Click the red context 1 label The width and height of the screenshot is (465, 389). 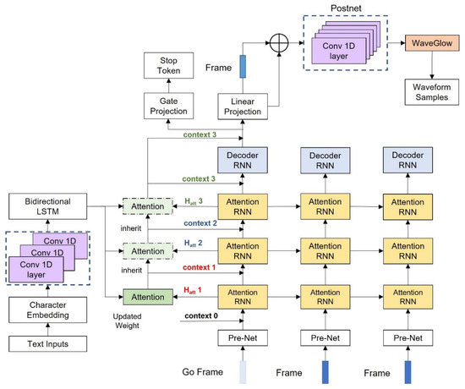[200, 267]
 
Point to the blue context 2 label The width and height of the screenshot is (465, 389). [200, 223]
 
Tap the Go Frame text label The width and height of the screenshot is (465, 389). [208, 372]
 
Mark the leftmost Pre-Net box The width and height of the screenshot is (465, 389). [245, 339]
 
